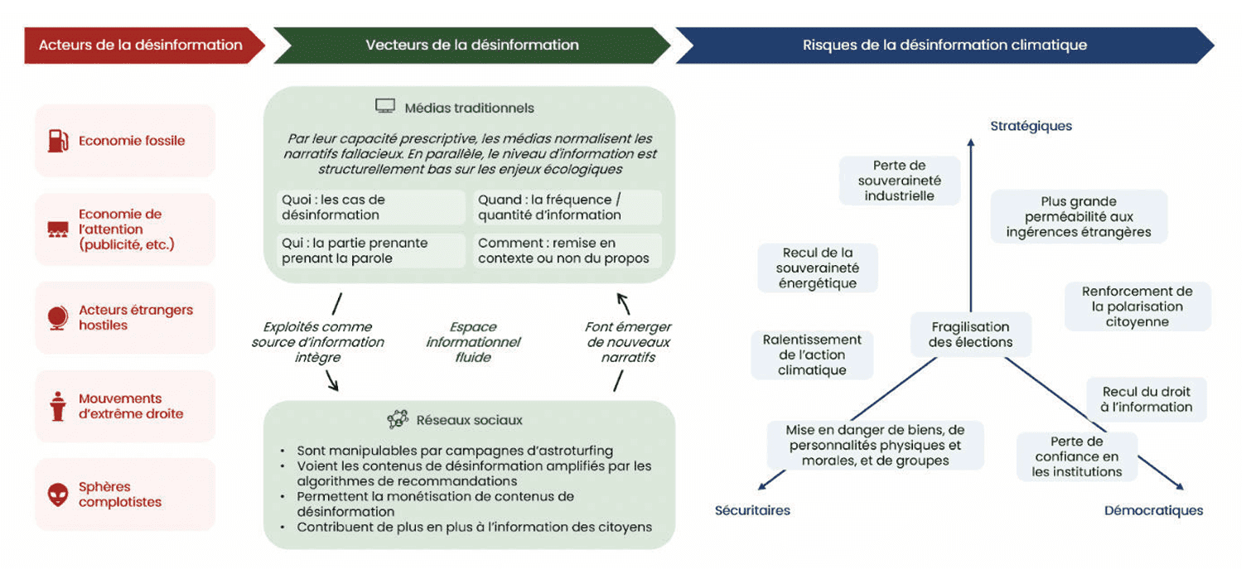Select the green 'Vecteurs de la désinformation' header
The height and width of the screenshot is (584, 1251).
coord(471,45)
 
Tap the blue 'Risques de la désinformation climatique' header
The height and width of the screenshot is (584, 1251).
coord(944,45)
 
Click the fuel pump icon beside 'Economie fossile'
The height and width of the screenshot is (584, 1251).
coord(57,140)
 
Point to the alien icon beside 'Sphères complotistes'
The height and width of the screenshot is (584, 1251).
coord(57,495)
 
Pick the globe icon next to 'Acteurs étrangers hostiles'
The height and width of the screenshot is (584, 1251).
coord(57,318)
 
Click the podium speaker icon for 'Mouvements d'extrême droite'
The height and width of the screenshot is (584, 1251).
coord(57,407)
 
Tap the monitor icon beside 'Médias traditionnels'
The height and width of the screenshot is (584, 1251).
coord(384,107)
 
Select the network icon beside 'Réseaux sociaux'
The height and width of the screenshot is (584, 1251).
coord(398,420)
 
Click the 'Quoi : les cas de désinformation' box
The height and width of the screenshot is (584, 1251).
coord(370,207)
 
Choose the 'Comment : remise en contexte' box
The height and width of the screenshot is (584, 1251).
coord(568,251)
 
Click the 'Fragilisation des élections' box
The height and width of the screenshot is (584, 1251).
coord(970,335)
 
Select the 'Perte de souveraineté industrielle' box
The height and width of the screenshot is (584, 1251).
coord(899,181)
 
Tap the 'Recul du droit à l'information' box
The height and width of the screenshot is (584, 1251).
coord(1147,399)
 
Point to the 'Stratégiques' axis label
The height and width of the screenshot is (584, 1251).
coord(1031,126)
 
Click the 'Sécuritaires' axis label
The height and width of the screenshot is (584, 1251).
coord(752,510)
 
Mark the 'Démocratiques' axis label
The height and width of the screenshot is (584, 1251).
coord(1153,510)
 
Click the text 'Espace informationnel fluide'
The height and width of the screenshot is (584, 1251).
coord(472,342)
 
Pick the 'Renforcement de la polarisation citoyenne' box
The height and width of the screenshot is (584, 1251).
coord(1137,306)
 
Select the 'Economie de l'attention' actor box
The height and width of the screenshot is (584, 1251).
coord(125,229)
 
